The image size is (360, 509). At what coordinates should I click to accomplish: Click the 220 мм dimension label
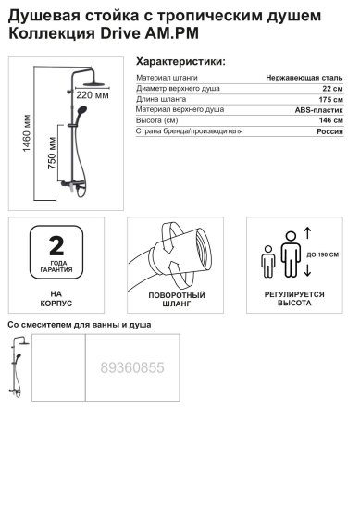point(92,95)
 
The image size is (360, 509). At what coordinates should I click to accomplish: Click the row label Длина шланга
point(163,106)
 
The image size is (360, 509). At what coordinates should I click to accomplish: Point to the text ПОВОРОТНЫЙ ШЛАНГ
point(175,296)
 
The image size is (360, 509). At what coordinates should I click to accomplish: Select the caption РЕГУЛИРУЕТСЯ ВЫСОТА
point(293,296)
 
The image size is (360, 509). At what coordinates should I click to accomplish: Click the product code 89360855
point(131,367)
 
